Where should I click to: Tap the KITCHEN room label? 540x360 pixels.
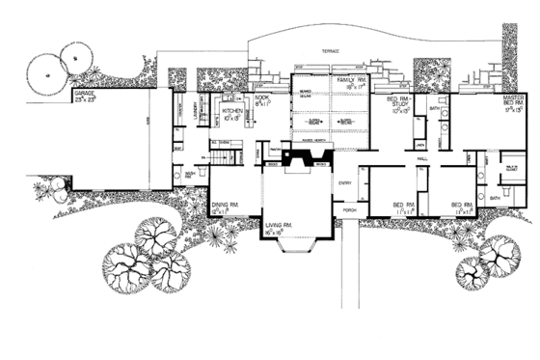click(232, 111)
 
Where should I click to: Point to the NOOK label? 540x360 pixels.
click(261, 98)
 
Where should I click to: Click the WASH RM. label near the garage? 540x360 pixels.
click(190, 175)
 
